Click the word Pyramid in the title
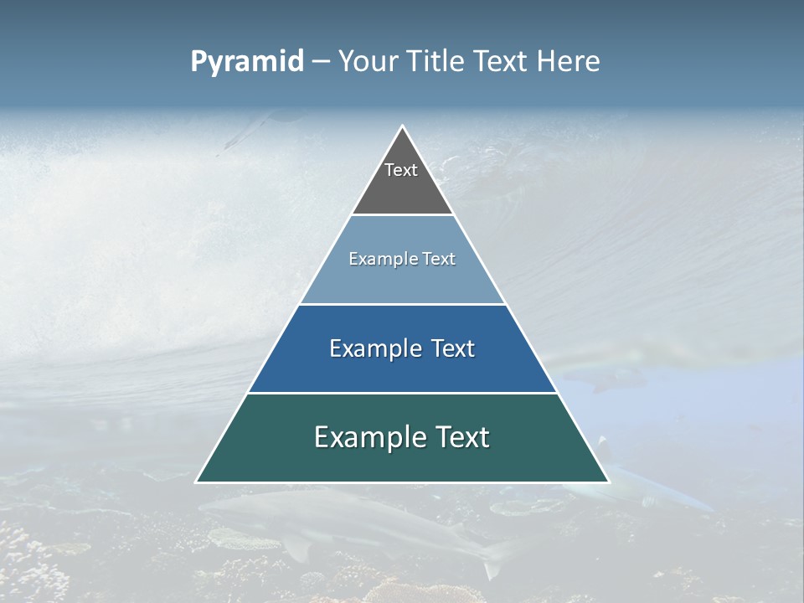click(247, 62)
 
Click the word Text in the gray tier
click(401, 170)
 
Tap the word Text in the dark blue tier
click(453, 348)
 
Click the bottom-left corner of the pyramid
click(196, 482)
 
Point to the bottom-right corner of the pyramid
click(609, 482)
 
